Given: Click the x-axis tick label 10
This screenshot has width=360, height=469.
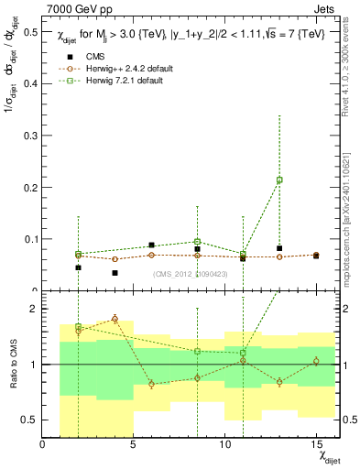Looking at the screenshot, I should (x=224, y=444).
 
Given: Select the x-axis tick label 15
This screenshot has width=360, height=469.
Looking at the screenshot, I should (x=316, y=444).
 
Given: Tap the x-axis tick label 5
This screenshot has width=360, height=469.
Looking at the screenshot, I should (x=134, y=444).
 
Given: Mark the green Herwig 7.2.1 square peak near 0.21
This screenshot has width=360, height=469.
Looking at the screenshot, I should (x=279, y=180).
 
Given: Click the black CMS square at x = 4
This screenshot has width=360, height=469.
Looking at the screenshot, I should (x=115, y=273).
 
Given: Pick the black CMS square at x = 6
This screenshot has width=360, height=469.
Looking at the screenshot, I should (x=151, y=245).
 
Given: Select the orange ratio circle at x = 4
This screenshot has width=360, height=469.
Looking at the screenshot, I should (x=115, y=319).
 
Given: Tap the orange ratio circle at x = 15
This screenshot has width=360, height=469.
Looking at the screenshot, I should (x=316, y=361).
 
